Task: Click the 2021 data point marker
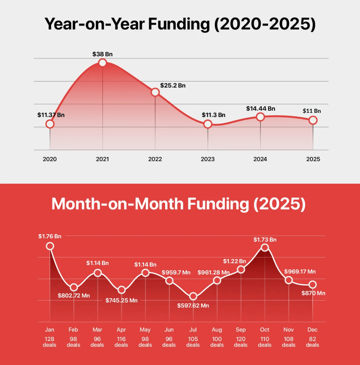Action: click(102, 63)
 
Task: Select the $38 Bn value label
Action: click(102, 54)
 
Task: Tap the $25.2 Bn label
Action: click(173, 86)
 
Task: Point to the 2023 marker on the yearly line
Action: click(208, 124)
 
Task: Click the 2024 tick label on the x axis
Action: click(260, 159)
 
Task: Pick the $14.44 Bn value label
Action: click(261, 108)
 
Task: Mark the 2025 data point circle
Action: click(313, 120)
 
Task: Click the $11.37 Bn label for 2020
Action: click(51, 115)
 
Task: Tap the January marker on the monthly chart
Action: click(50, 246)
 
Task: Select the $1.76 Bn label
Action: click(50, 236)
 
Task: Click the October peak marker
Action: click(265, 247)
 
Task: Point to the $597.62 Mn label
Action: click(193, 306)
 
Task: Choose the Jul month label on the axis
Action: click(193, 330)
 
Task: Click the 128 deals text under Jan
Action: click(50, 342)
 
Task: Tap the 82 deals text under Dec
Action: click(312, 342)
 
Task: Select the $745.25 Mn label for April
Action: click(121, 300)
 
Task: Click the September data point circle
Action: click(241, 269)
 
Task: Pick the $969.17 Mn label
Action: click(300, 271)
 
